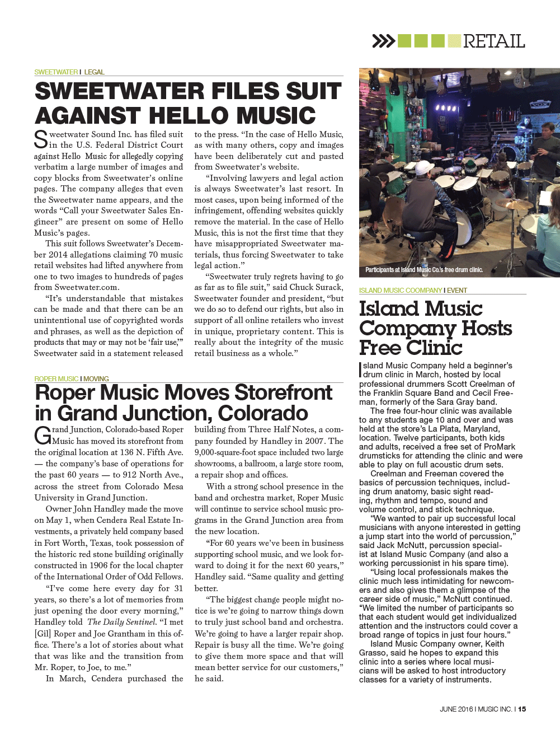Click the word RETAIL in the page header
tap(493, 41)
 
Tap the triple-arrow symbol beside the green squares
tap(383, 41)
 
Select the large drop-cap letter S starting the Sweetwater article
tap(41, 140)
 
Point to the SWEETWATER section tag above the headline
tap(56, 72)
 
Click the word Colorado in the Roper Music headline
tap(263, 413)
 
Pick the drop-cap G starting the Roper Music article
tap(43, 435)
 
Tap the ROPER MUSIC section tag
tap(56, 379)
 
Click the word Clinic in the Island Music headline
tap(434, 348)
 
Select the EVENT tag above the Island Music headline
tap(457, 291)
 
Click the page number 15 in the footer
tap(522, 709)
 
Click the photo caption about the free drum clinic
tap(424, 270)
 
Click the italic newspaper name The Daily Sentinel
tap(121, 622)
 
